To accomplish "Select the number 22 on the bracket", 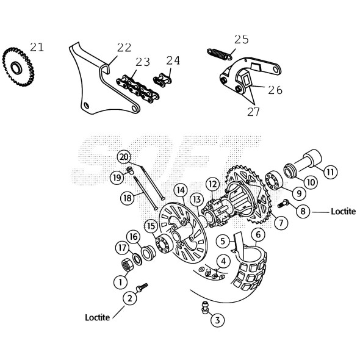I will (x=124, y=47).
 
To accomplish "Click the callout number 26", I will (x=275, y=90).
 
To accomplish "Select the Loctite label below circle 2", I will (x=98, y=317).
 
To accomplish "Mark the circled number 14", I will (x=181, y=190).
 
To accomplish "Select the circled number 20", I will (x=124, y=157).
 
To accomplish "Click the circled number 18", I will (x=126, y=198).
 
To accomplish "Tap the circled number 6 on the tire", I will (x=258, y=234).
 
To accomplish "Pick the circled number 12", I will (x=212, y=183).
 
